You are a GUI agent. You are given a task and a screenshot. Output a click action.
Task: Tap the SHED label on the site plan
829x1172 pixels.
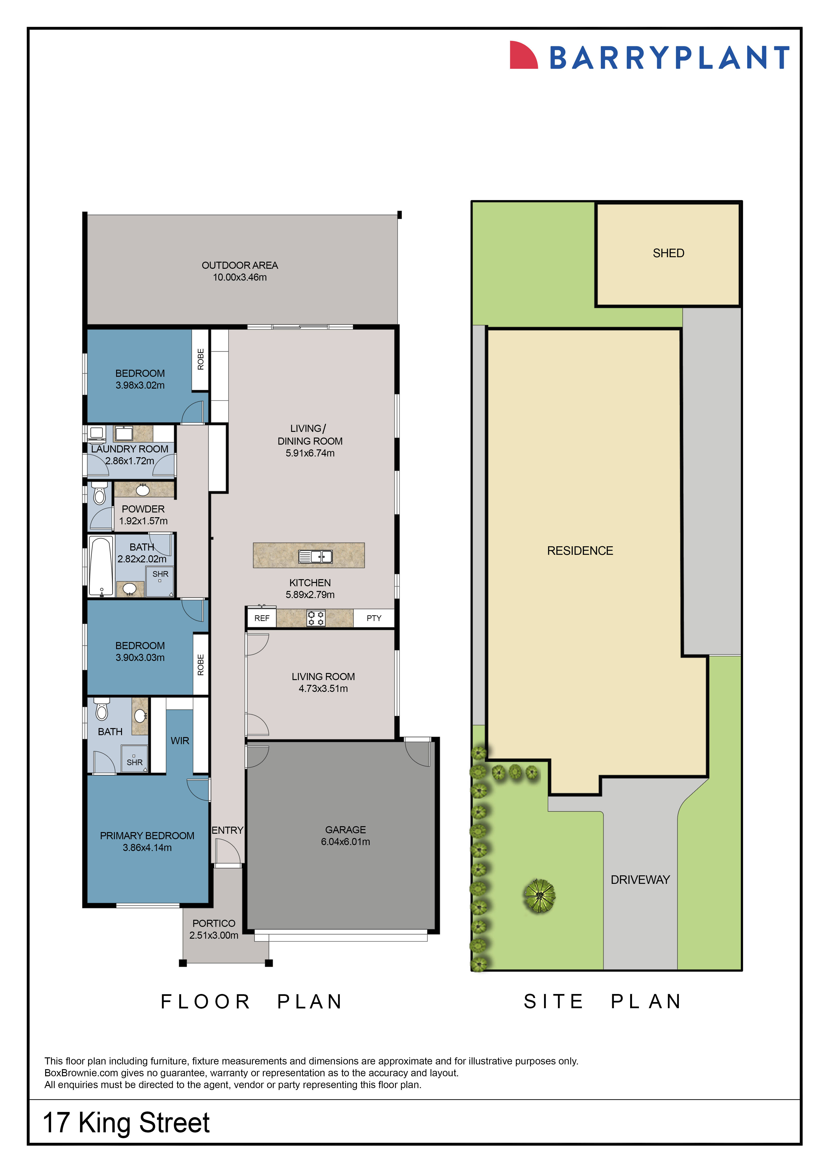(x=668, y=253)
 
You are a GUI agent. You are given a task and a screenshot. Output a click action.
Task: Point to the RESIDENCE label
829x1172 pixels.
(x=580, y=551)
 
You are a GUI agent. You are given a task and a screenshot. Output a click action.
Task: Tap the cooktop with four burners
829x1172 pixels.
(x=315, y=618)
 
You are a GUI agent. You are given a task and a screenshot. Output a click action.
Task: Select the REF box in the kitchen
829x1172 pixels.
(x=262, y=618)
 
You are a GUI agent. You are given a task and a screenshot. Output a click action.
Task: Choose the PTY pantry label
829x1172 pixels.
(x=374, y=618)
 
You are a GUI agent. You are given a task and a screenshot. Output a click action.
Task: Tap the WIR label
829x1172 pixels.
(x=180, y=741)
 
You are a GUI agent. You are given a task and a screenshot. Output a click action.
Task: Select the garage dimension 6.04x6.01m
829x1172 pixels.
(x=346, y=842)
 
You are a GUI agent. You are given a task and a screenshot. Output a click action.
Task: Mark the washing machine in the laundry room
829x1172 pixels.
(x=96, y=433)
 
